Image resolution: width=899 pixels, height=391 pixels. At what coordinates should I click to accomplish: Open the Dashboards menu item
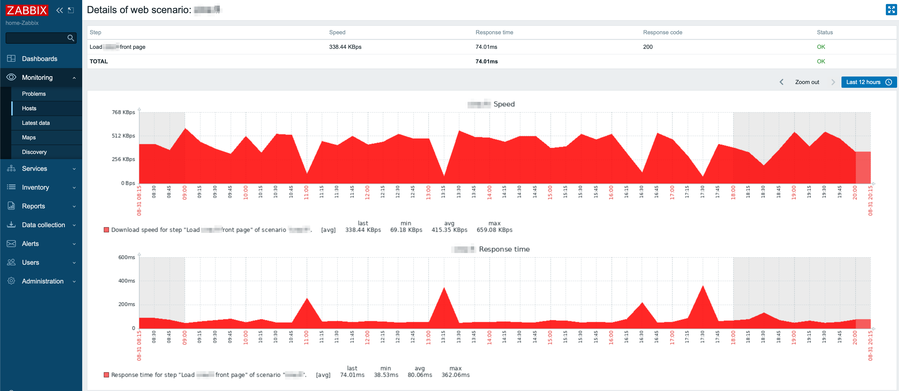(x=39, y=59)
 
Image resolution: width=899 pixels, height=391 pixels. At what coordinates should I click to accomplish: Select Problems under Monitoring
(x=34, y=94)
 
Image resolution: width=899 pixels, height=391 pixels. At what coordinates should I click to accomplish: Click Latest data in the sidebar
(x=36, y=123)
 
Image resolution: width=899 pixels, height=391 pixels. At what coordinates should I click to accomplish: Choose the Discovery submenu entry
(x=34, y=152)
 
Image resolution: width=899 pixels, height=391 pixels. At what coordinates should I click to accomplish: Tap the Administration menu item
(x=43, y=281)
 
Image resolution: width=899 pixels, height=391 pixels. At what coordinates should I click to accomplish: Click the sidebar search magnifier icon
(x=70, y=38)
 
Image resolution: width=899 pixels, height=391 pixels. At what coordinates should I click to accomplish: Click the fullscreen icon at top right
(x=891, y=10)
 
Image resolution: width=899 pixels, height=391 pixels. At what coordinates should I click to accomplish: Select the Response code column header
(x=662, y=32)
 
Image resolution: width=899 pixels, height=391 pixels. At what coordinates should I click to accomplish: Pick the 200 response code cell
(x=647, y=47)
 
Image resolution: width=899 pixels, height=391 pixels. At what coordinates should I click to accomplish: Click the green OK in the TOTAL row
(x=821, y=61)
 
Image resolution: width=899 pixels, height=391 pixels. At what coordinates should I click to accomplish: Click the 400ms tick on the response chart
(x=126, y=281)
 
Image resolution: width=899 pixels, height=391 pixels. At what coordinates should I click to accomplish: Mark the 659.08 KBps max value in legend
(x=494, y=230)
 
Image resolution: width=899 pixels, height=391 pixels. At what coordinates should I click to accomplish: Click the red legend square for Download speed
(x=106, y=230)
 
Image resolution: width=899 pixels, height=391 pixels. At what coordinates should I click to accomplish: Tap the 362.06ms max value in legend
(x=455, y=375)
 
